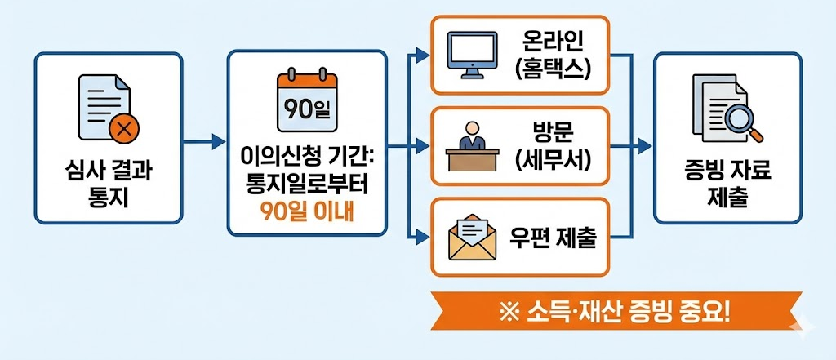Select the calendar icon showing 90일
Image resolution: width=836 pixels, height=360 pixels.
pyautogui.click(x=307, y=102)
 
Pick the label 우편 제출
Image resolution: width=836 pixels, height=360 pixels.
pyautogui.click(x=552, y=238)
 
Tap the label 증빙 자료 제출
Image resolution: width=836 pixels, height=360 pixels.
pyautogui.click(x=729, y=185)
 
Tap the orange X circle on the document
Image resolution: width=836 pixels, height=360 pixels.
pyautogui.click(x=122, y=127)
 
